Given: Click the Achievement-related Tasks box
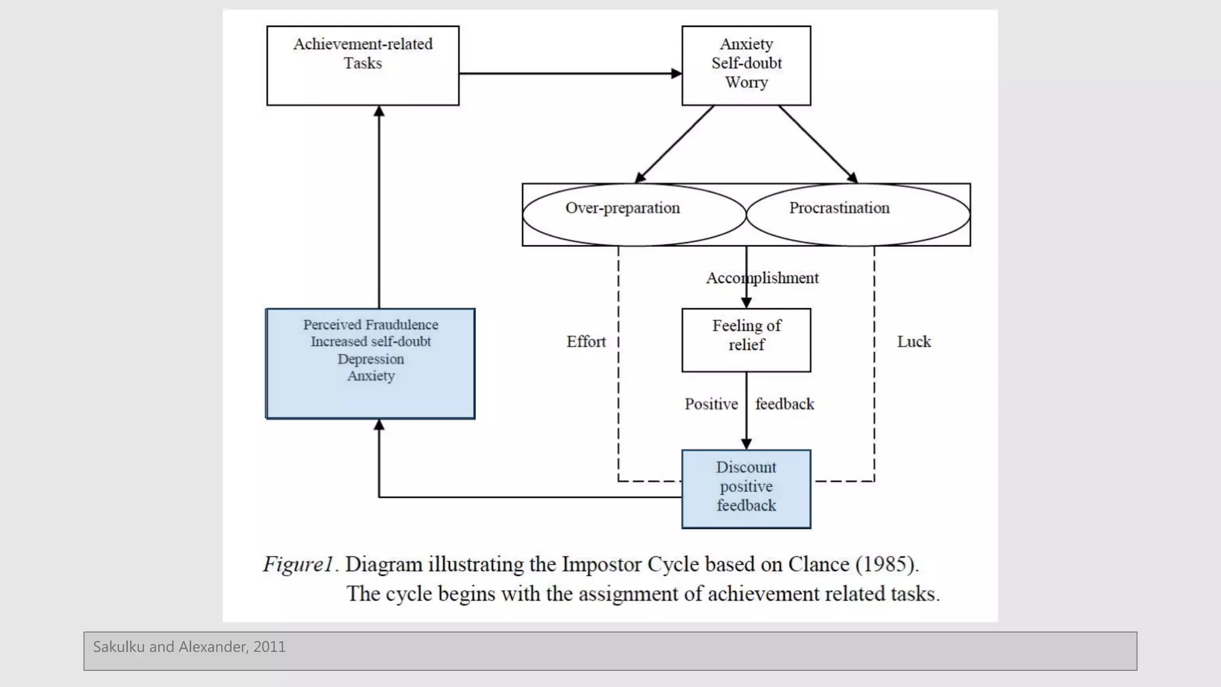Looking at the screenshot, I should pyautogui.click(x=362, y=66).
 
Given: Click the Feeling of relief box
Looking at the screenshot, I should pyautogui.click(x=746, y=339).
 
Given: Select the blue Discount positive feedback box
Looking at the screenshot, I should pyautogui.click(x=746, y=488).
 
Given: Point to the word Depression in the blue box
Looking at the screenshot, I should pyautogui.click(x=370, y=359).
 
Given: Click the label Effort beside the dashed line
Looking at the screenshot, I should pyautogui.click(x=585, y=342).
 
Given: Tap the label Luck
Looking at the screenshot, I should pyautogui.click(x=913, y=342).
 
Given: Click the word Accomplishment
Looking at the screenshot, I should pyautogui.click(x=762, y=278).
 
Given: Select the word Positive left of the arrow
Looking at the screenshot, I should pyautogui.click(x=711, y=404).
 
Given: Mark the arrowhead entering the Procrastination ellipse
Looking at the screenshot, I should pyautogui.click(x=853, y=177).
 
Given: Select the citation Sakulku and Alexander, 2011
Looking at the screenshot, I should pyautogui.click(x=189, y=647).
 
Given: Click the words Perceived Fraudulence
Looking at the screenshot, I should pyautogui.click(x=370, y=324).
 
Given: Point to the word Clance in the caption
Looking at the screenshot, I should pyautogui.click(x=819, y=564).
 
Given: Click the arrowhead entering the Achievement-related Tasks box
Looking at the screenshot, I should pyautogui.click(x=379, y=112).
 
